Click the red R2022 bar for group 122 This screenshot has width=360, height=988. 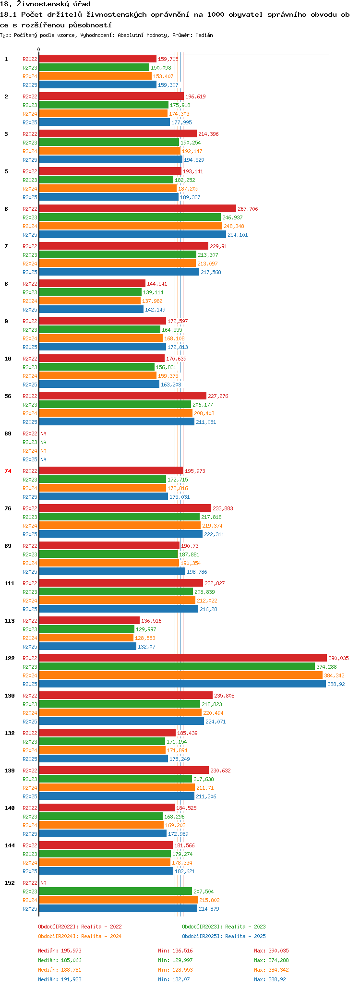(x=182, y=658)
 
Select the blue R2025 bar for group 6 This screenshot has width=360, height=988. (x=132, y=234)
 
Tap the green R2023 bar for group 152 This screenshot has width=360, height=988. (x=115, y=891)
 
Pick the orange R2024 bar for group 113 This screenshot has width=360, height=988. (x=86, y=638)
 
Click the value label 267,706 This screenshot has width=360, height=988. (x=248, y=209)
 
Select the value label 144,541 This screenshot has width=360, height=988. (x=157, y=284)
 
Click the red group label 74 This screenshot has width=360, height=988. (x=8, y=471)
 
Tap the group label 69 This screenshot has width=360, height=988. (x=8, y=434)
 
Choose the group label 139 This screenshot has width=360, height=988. (x=9, y=771)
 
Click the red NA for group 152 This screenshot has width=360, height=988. (x=43, y=883)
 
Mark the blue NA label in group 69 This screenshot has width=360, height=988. (x=43, y=459)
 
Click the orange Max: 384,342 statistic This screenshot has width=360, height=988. (x=272, y=970)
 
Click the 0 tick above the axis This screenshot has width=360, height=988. (x=39, y=49)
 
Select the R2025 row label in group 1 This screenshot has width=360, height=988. (x=30, y=85)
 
